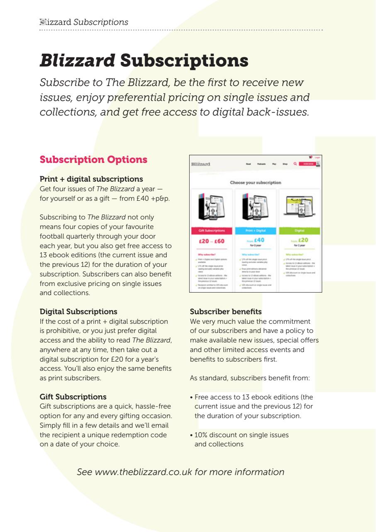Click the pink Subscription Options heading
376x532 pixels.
[x=93, y=159]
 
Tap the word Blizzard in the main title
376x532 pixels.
[x=77, y=61]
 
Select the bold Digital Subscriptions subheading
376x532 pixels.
[x=78, y=311]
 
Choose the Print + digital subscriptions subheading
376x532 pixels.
[x=91, y=179]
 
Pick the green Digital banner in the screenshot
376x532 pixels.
[x=299, y=229]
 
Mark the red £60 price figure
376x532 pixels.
[x=220, y=241]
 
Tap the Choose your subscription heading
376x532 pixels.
[x=255, y=182]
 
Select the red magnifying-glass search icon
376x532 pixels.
[x=295, y=164]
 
